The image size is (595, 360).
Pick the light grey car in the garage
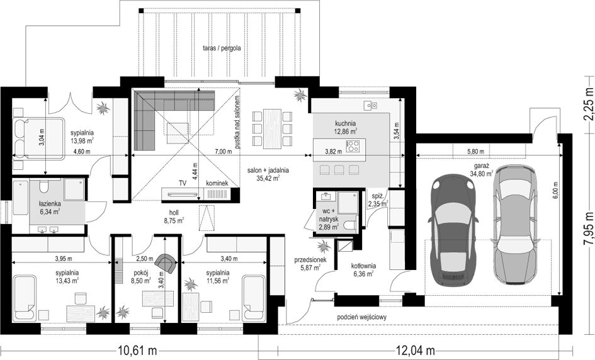[x=515, y=224]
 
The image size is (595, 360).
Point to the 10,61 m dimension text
[x=138, y=350]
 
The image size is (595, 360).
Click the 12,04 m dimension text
[x=416, y=350]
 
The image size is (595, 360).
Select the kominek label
[x=217, y=183]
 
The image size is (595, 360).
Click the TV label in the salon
[x=183, y=183]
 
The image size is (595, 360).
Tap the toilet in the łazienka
[x=44, y=186]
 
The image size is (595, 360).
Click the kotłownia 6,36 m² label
[x=363, y=270]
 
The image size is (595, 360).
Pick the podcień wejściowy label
[x=361, y=317]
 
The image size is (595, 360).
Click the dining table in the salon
[x=272, y=130]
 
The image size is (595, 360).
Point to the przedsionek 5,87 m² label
[x=310, y=264]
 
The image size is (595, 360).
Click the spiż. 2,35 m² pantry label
[x=378, y=200]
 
